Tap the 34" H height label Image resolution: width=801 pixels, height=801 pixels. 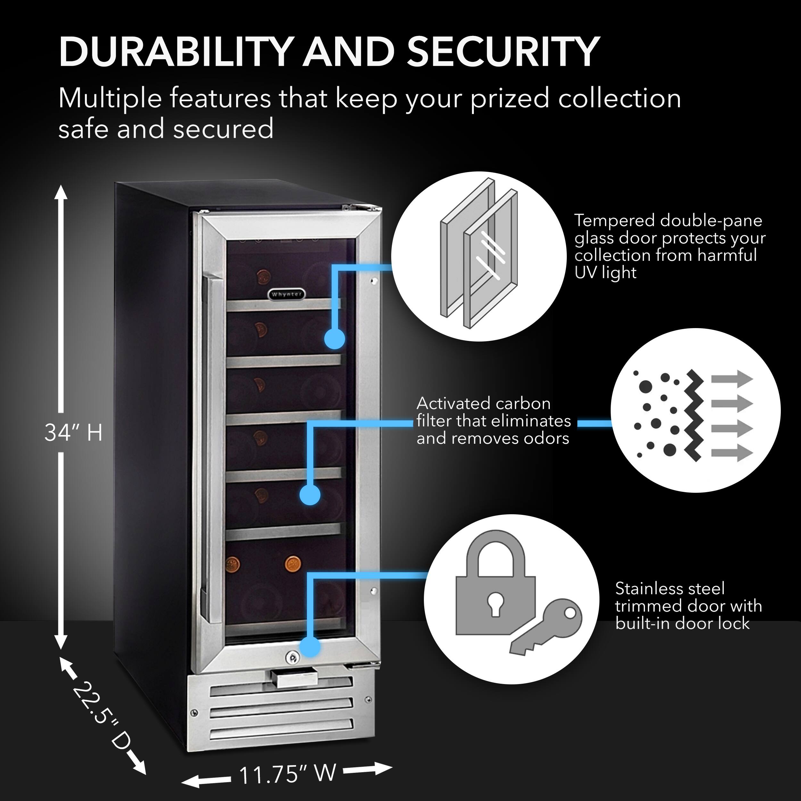coord(73,433)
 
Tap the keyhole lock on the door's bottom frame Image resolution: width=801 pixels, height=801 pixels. coord(292,657)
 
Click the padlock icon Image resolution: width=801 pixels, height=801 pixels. coord(495,587)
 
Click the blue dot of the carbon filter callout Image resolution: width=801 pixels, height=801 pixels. coord(310,495)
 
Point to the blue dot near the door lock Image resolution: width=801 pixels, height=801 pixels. coord(310,646)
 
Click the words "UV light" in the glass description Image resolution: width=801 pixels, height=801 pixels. coord(605,273)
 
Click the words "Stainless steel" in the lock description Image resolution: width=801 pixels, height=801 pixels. coord(670,588)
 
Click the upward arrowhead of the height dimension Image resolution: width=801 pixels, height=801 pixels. coord(61,193)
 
